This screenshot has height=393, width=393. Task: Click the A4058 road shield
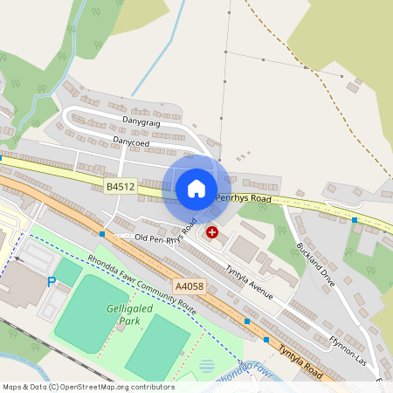pyautogui.click(x=189, y=286)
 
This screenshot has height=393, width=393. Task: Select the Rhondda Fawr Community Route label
pyautogui.click(x=142, y=286)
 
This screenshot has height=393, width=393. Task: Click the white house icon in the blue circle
pyautogui.click(x=196, y=188)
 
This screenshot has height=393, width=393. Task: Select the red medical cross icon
pyautogui.click(x=211, y=232)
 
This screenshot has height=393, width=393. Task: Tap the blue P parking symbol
pyautogui.click(x=52, y=281)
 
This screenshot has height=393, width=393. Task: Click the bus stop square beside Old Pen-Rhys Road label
pyautogui.click(x=103, y=234)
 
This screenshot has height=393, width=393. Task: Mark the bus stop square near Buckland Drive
pyautogui.click(x=355, y=220)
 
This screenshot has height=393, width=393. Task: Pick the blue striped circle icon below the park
pyautogui.click(x=207, y=366)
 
